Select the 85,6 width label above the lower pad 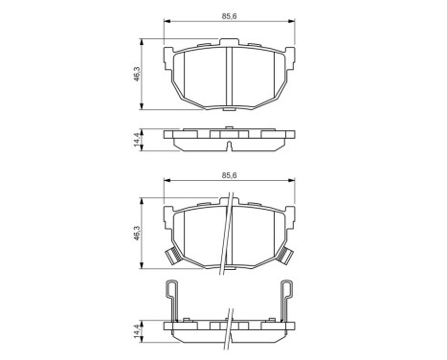point(228,176)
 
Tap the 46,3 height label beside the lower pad point(137,233)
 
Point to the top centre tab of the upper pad point(228,41)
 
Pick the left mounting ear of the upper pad point(169,55)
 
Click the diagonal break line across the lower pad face point(226,239)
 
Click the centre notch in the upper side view point(228,135)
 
